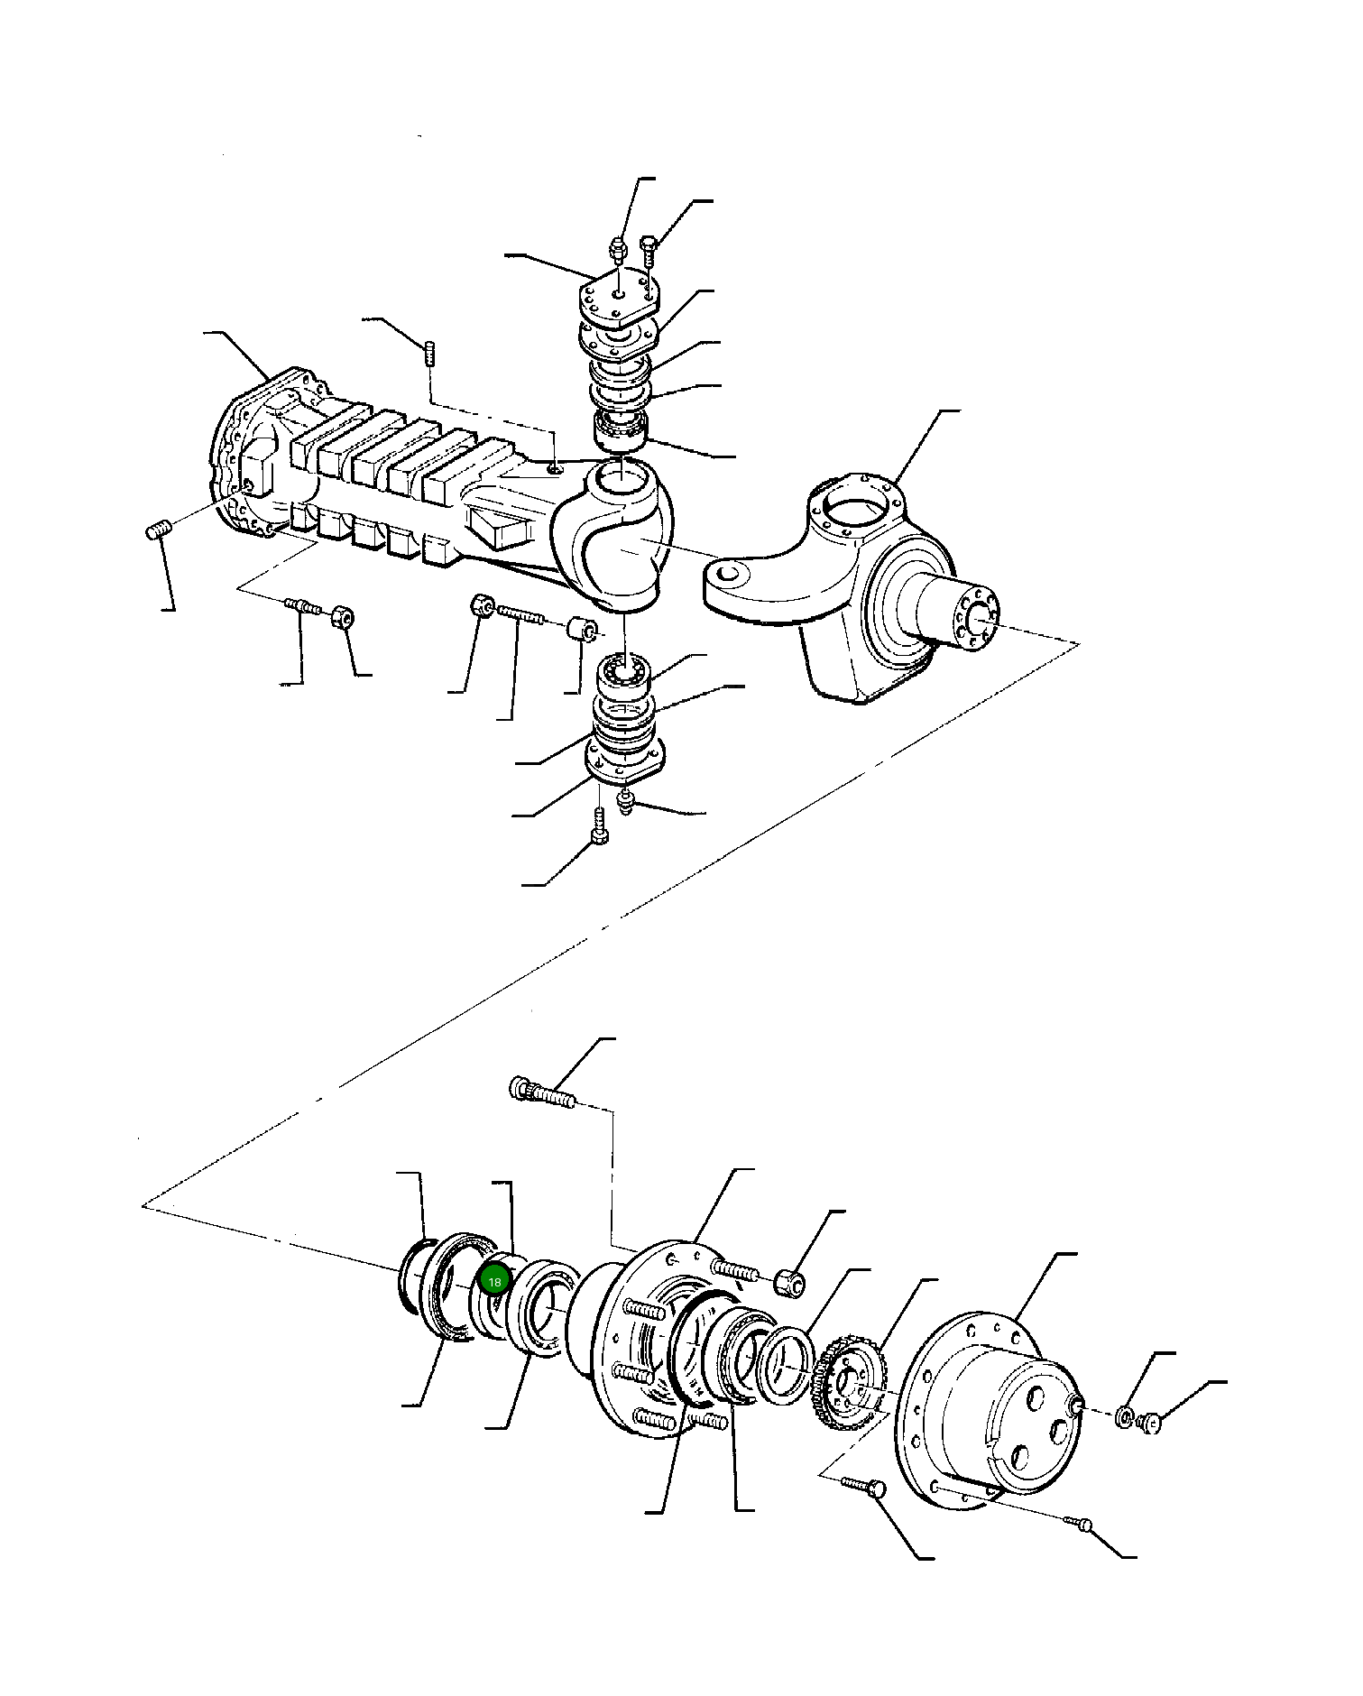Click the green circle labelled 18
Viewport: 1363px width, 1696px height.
[x=494, y=1281]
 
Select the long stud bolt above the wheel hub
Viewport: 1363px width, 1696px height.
[x=543, y=1094]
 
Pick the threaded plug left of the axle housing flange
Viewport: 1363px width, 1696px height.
[x=159, y=531]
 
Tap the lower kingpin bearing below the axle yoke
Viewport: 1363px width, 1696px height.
[x=624, y=673]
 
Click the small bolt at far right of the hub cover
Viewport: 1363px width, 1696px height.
[x=1150, y=1424]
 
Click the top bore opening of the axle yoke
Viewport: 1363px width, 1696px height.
[x=622, y=477]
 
